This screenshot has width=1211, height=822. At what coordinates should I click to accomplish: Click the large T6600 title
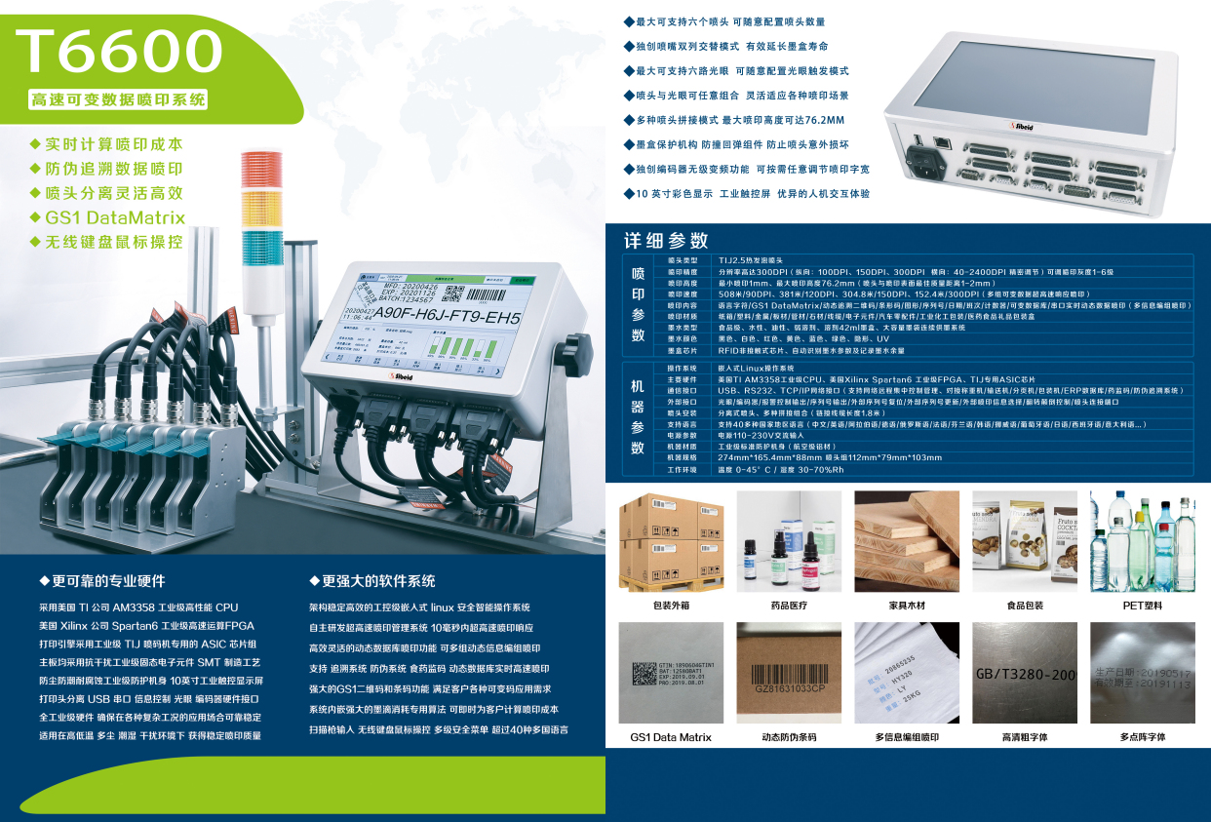[119, 51]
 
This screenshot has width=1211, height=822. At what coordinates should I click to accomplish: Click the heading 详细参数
[666, 241]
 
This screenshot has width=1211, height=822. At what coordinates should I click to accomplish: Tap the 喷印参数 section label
[638, 304]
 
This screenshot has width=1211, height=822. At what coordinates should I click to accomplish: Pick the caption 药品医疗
[789, 606]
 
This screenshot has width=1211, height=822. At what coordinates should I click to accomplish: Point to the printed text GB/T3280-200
[1025, 674]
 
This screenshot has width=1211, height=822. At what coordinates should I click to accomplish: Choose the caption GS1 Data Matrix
[671, 737]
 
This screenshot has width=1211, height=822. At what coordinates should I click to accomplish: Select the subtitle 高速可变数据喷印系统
[118, 100]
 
